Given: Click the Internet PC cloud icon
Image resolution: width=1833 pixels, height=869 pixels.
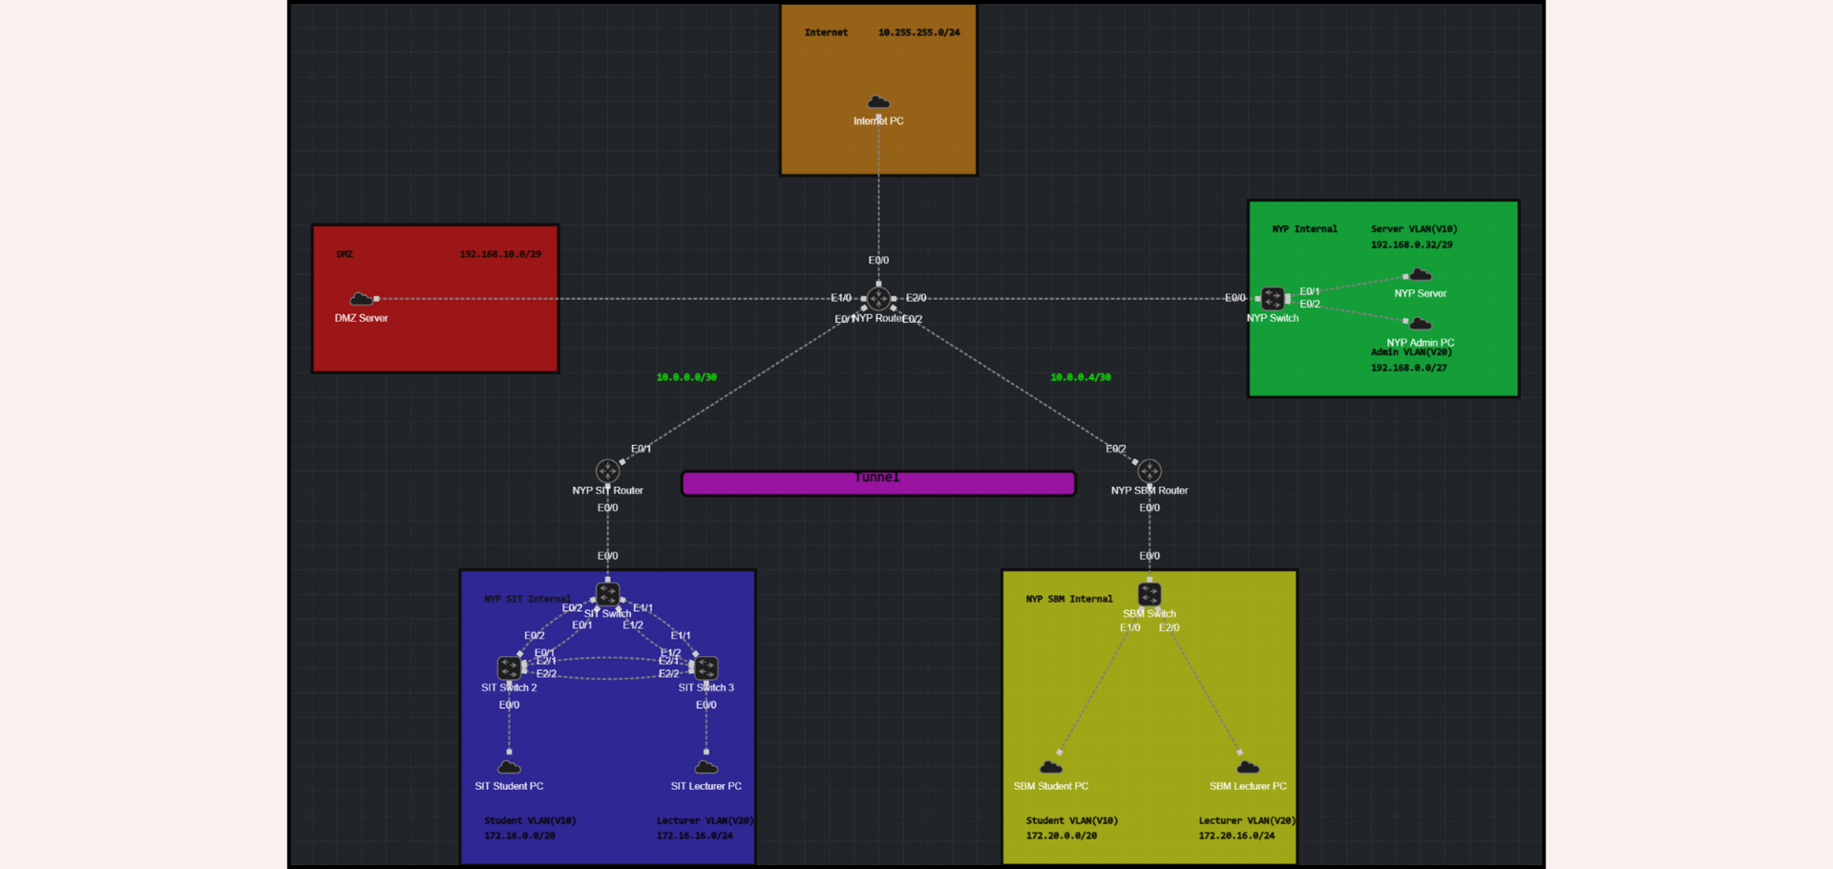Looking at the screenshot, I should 878,102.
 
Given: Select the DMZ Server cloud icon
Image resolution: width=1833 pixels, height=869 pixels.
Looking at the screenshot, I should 361,299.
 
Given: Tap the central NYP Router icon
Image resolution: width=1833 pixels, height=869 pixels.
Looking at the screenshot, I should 878,299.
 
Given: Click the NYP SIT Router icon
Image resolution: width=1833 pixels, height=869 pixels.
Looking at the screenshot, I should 607,471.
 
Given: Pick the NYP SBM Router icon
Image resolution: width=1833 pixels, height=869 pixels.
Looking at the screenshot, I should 1149,471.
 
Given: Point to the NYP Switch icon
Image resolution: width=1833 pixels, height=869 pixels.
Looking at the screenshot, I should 1273,299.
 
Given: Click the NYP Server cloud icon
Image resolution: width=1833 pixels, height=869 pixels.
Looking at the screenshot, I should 1421,275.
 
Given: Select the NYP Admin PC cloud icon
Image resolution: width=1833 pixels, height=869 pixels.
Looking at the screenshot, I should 1421,324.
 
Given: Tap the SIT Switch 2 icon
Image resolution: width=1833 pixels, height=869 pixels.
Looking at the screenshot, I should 509,668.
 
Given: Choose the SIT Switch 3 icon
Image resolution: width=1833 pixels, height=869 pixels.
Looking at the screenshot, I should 706,668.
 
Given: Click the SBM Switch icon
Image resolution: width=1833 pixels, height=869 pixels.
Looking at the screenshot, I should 1149,594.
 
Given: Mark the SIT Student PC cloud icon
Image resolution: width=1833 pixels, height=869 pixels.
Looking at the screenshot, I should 509,767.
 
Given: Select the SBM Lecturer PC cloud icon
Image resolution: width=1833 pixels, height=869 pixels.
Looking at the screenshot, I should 1248,767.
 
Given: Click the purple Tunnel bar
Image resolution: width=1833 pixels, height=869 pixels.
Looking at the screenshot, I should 878,484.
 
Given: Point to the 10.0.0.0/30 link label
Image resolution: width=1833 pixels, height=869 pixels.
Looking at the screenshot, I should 686,377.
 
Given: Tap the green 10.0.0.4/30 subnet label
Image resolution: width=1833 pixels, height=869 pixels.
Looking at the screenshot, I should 1081,377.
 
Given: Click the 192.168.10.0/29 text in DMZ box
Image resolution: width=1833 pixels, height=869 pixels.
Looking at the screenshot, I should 500,254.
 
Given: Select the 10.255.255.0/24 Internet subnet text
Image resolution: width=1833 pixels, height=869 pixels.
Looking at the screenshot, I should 919,32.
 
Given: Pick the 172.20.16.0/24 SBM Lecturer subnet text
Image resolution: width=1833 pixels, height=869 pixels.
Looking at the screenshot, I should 1236,836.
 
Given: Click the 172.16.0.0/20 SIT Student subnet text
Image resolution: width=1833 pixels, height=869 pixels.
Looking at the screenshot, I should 519,836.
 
